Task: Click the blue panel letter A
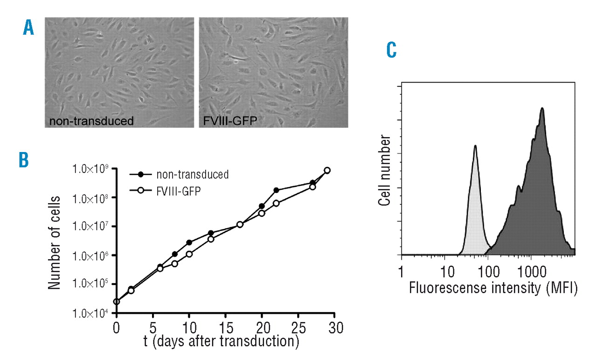pyautogui.click(x=29, y=29)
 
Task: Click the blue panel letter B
pyautogui.click(x=24, y=159)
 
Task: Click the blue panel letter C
pyautogui.click(x=392, y=50)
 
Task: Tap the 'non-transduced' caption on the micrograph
pyautogui.click(x=92, y=122)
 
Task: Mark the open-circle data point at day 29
pyautogui.click(x=327, y=170)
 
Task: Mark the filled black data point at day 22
pyautogui.click(x=276, y=190)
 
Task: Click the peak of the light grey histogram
pyautogui.click(x=475, y=146)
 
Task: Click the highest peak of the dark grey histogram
pyautogui.click(x=542, y=109)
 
